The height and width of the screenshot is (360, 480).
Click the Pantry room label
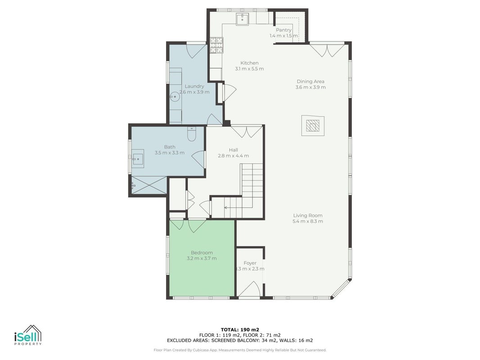(x=283, y=30)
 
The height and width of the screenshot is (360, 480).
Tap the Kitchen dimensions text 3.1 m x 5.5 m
(x=249, y=69)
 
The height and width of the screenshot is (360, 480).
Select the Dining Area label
(x=310, y=81)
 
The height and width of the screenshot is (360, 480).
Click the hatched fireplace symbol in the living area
(x=313, y=126)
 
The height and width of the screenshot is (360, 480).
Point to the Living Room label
(x=308, y=216)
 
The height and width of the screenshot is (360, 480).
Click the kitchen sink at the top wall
(x=242, y=18)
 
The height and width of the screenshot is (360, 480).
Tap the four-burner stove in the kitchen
(x=216, y=45)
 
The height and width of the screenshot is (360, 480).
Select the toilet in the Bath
(x=192, y=134)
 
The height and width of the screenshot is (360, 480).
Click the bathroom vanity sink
(x=138, y=158)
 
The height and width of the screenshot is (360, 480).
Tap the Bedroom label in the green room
(x=202, y=253)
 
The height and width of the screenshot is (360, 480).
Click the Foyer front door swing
(x=250, y=289)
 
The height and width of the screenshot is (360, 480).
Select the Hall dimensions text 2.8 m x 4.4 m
(x=233, y=156)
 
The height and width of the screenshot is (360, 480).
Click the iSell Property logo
(x=28, y=335)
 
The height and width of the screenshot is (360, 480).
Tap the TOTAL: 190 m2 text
(x=240, y=330)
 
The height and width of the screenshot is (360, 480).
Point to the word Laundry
(x=194, y=86)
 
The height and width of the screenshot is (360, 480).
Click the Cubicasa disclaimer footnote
(x=240, y=350)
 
